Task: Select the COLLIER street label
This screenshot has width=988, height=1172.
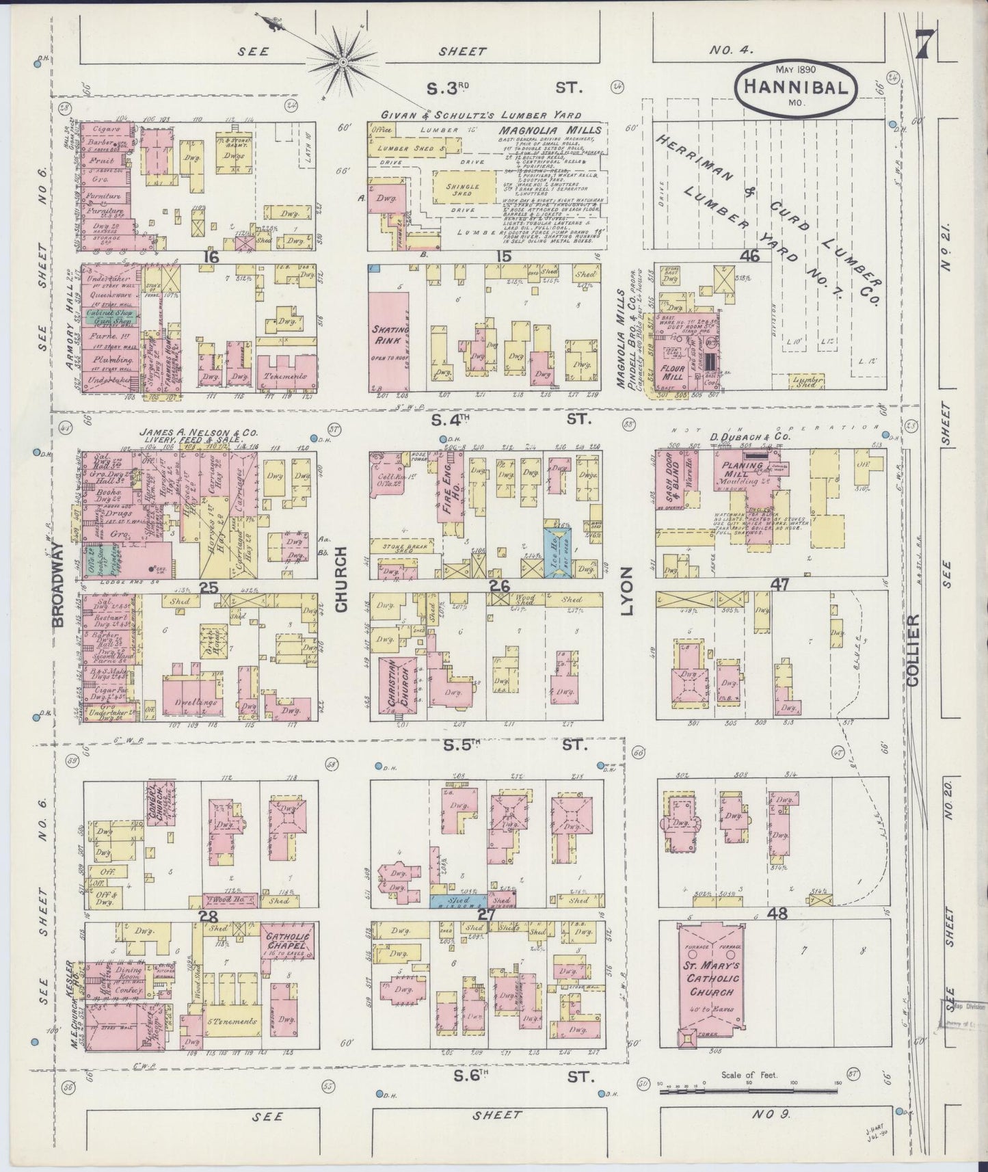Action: (x=914, y=643)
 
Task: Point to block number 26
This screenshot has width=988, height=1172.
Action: (x=500, y=587)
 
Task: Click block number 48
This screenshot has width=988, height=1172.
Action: (x=778, y=913)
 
